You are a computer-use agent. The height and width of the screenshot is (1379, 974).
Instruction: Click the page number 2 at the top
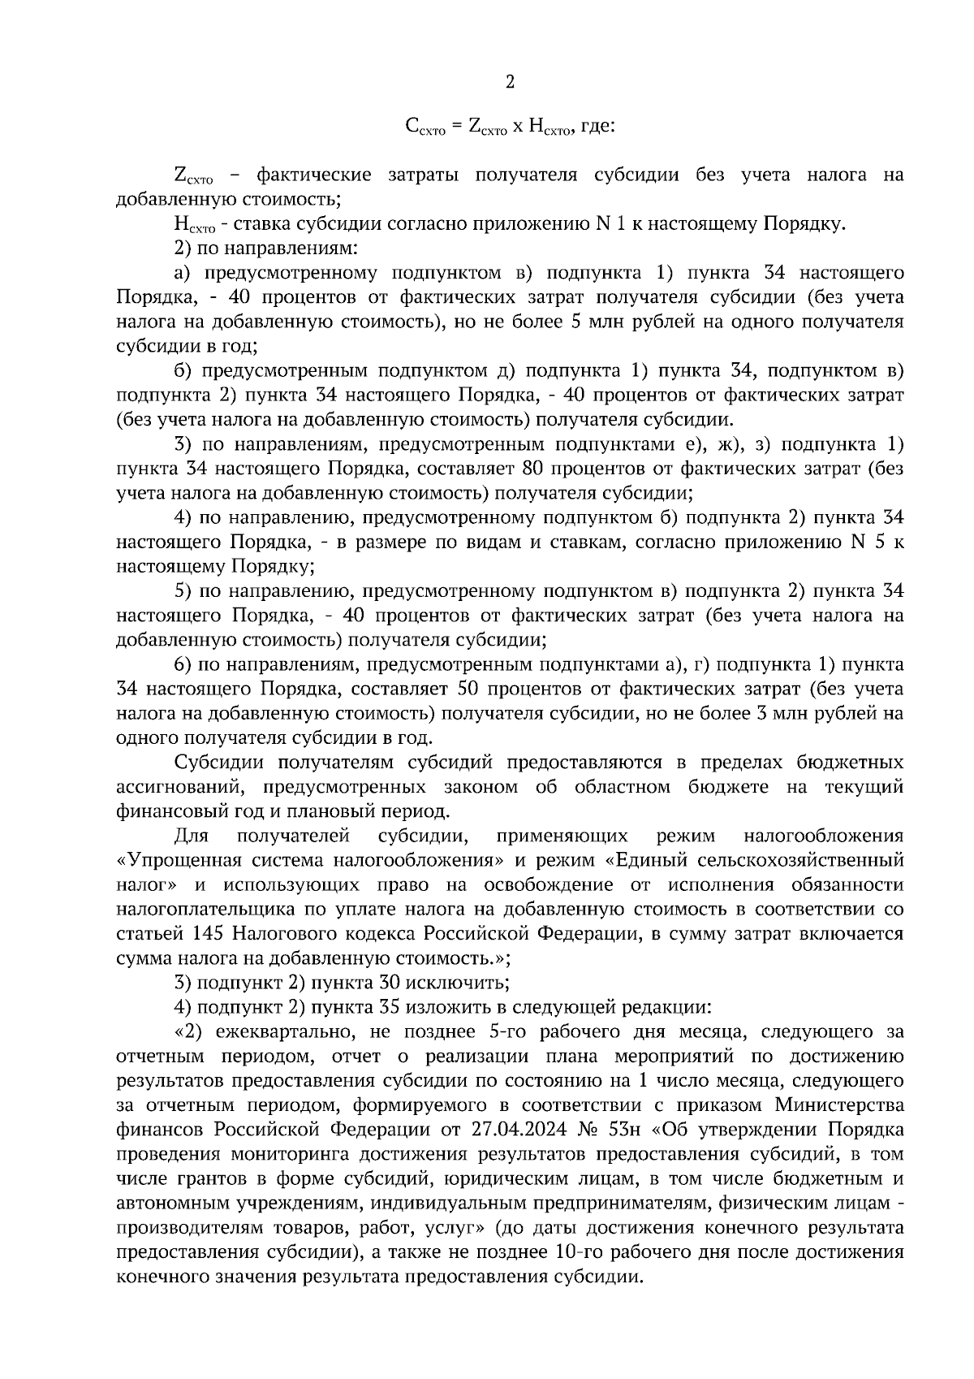click(x=510, y=81)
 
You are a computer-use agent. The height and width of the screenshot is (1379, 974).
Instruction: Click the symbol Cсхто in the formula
click(x=422, y=127)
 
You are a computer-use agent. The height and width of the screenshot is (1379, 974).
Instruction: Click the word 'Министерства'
click(x=839, y=1105)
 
